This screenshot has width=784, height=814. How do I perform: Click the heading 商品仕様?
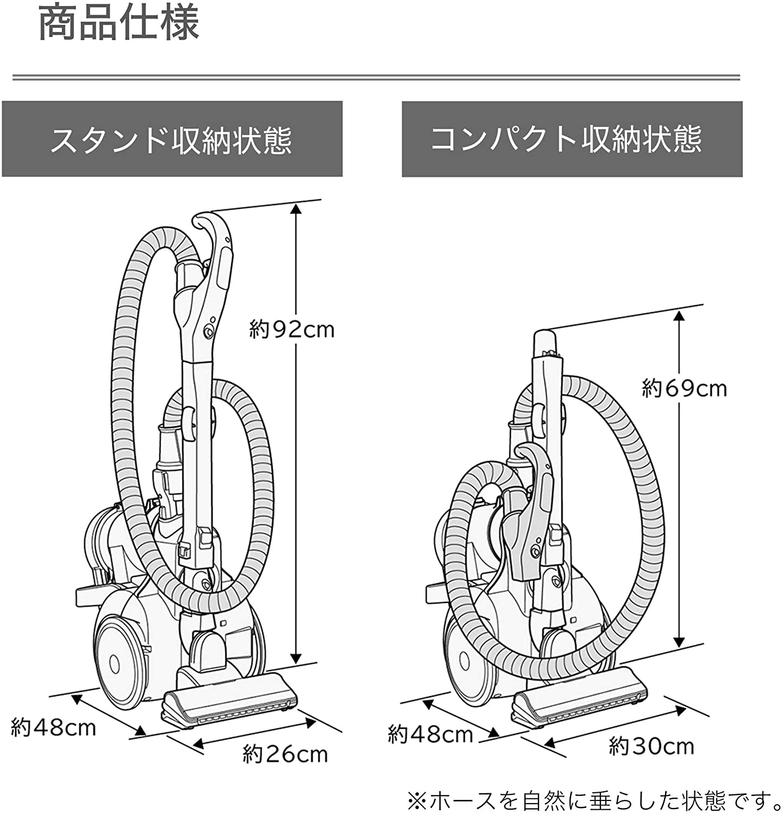[x=119, y=23]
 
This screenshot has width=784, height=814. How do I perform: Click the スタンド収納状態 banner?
[x=172, y=138]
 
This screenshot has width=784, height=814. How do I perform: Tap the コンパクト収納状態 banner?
[x=572, y=138]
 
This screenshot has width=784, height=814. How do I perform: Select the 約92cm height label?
[x=292, y=329]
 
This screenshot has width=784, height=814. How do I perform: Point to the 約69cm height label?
[x=684, y=389]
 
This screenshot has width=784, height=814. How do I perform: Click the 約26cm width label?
[x=285, y=754]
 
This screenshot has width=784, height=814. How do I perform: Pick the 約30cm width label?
[x=652, y=746]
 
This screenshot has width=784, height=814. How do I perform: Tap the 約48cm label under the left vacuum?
[x=53, y=727]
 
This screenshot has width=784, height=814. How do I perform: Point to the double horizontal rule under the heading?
[x=376, y=77]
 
